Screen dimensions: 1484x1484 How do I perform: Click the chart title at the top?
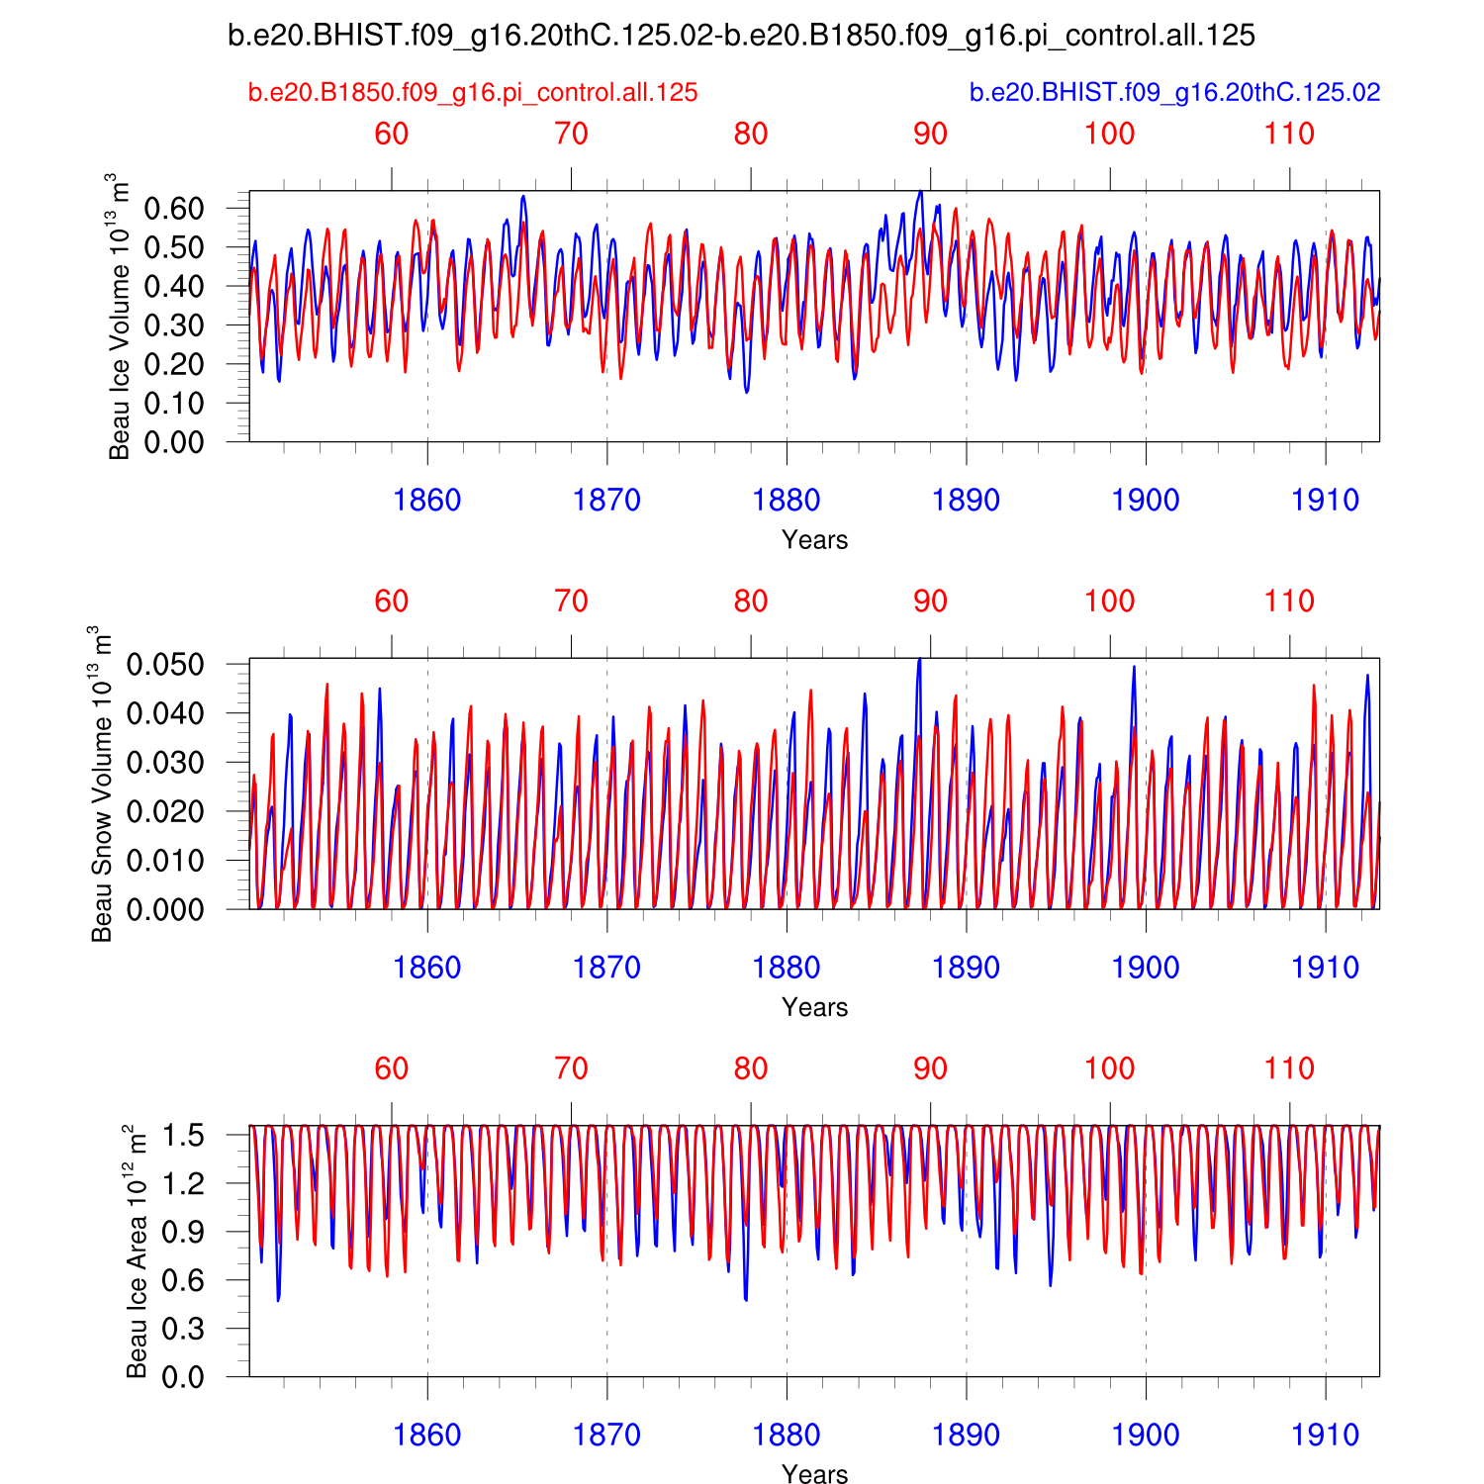[741, 37]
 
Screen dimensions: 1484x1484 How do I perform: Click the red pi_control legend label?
[473, 93]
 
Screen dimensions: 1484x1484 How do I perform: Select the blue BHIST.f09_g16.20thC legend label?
[1174, 93]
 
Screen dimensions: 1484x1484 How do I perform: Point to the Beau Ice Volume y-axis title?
[119, 317]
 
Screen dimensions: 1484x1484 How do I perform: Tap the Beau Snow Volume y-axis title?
[101, 784]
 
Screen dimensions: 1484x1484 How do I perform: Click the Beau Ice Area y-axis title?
[137, 1252]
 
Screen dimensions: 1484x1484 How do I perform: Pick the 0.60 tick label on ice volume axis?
[174, 209]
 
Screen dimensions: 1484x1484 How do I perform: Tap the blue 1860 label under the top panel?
[427, 501]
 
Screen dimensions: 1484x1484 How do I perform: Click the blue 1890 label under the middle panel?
[966, 968]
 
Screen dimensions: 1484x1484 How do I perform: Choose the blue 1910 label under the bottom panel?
[1326, 1436]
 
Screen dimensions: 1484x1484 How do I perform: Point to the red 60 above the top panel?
[392, 135]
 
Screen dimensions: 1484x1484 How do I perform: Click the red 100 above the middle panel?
[1110, 602]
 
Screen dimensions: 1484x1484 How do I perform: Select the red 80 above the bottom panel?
[751, 1069]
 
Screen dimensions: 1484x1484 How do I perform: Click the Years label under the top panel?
[814, 540]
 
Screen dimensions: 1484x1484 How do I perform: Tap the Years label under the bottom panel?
[814, 1474]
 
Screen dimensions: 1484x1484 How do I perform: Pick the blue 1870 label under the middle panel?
[606, 968]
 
